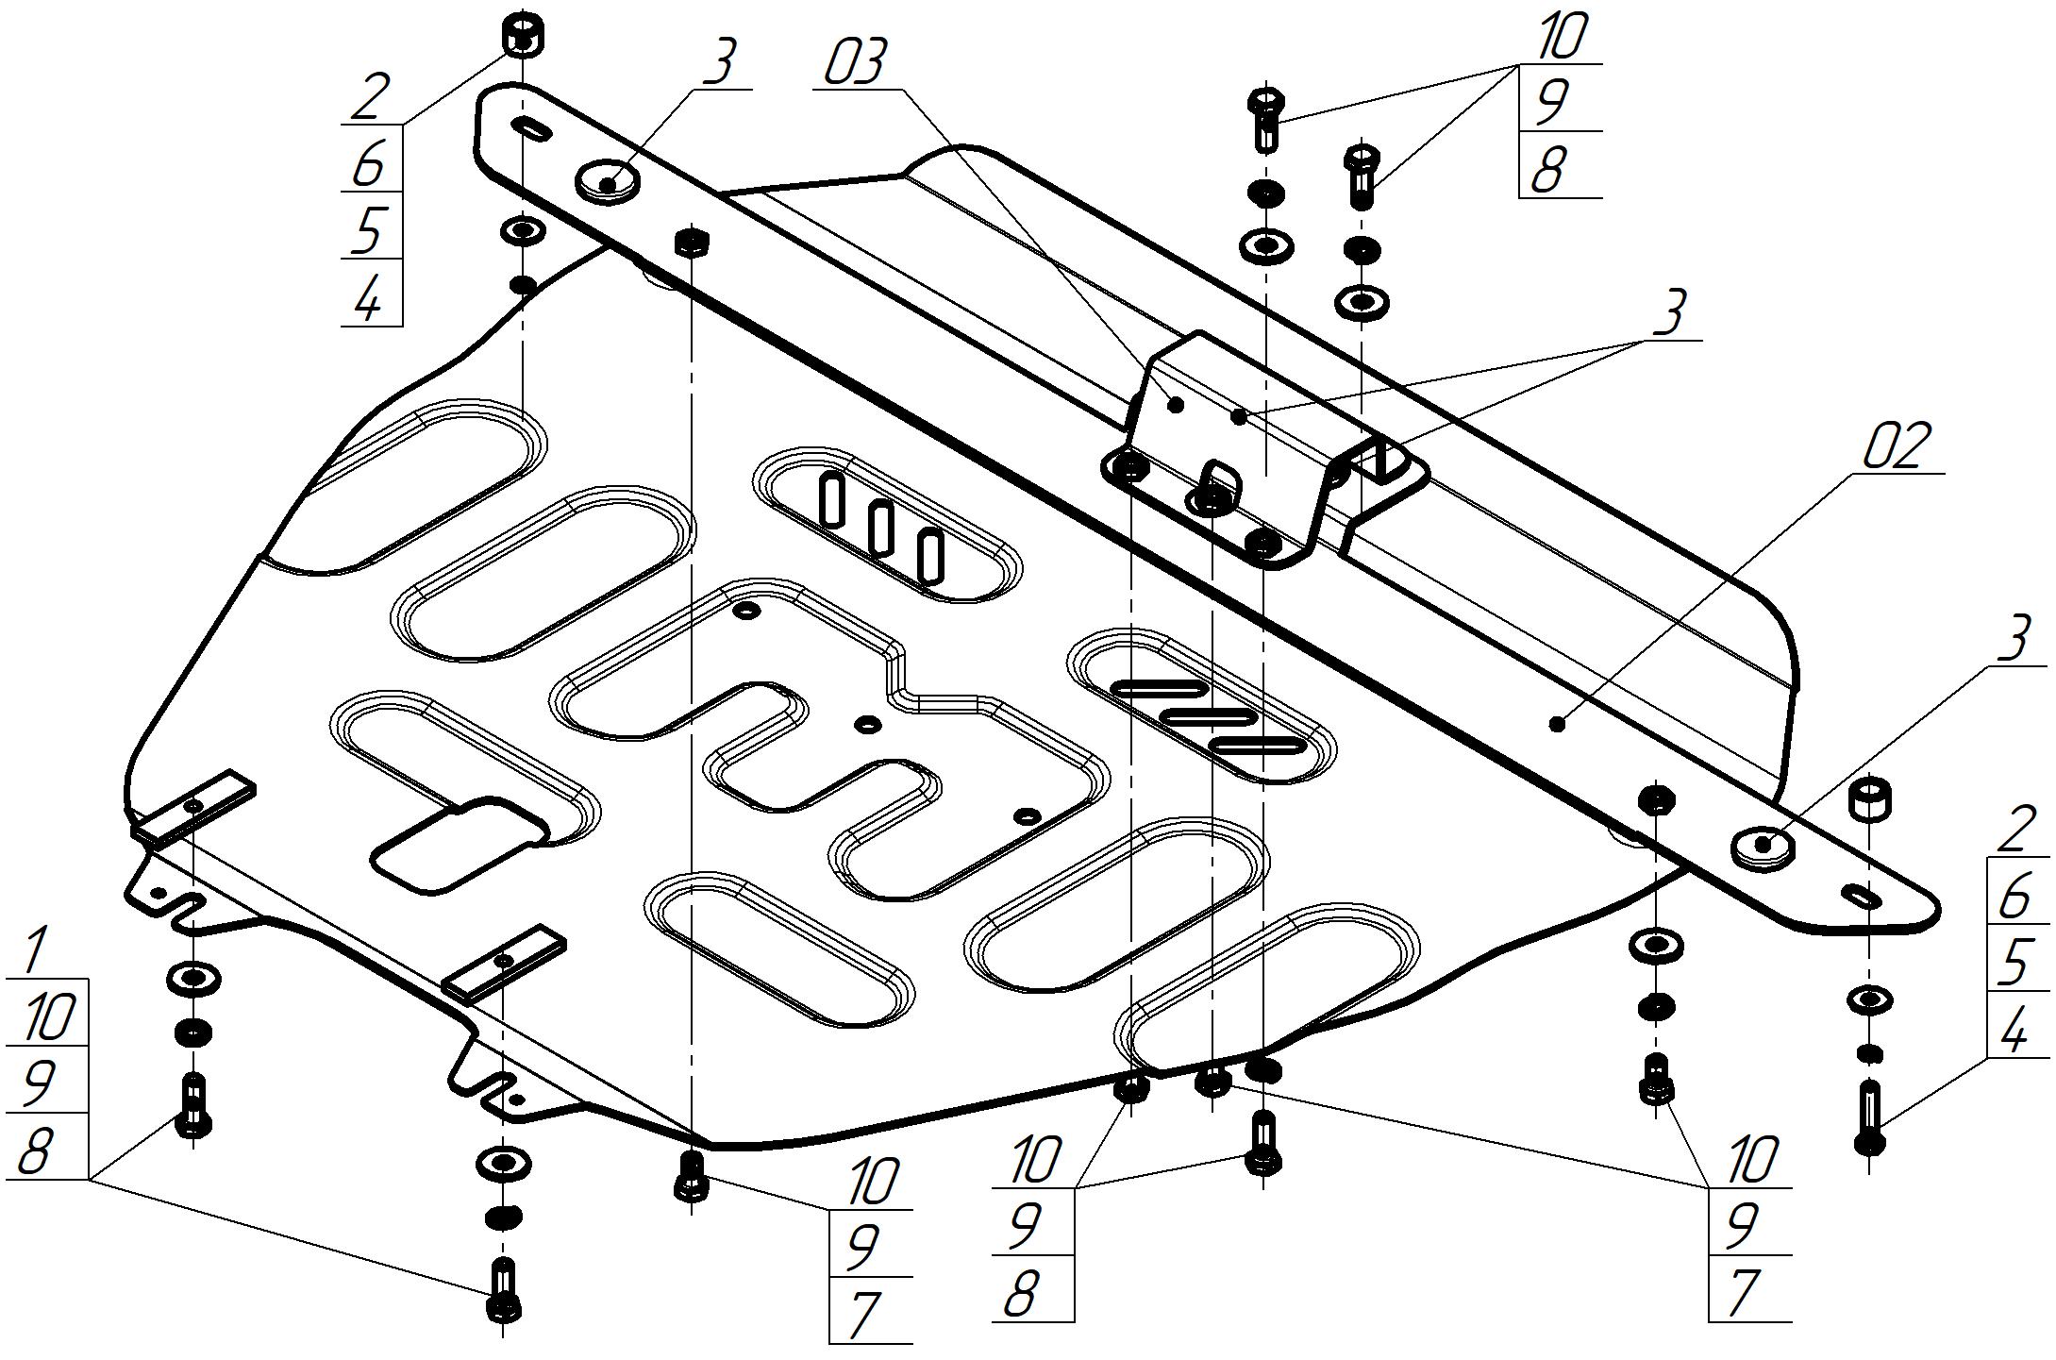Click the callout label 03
pyautogui.click(x=856, y=64)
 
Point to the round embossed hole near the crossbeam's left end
pyautogui.click(x=607, y=180)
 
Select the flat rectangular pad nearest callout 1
pyautogui.click(x=193, y=807)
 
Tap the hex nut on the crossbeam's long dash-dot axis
pyautogui.click(x=692, y=243)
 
